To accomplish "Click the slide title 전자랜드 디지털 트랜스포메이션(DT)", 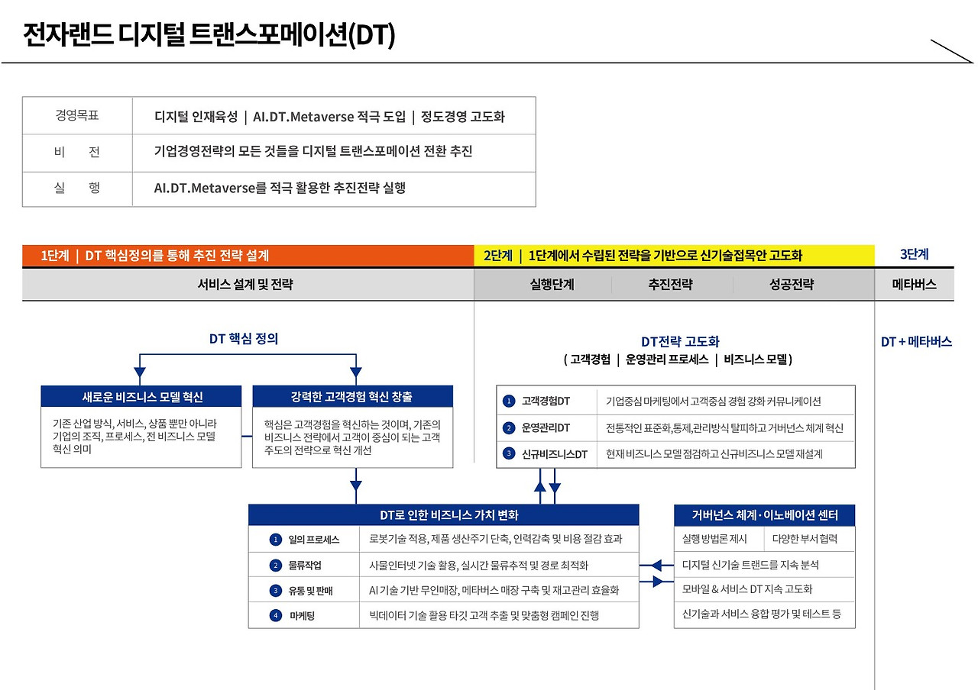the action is pos(209,35).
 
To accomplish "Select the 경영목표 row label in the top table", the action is pos(77,116).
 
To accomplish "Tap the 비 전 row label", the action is pos(77,152).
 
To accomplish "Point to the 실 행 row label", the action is pos(77,188).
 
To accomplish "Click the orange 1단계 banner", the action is pos(248,256).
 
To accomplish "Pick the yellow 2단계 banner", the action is pos(674,256).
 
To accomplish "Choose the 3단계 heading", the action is pos(914,255).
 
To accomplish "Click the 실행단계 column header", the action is pos(552,285).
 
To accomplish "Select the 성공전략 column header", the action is pos(792,285).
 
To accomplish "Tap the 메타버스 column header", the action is pos(914,285).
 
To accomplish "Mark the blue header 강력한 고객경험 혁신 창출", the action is pos(352,397).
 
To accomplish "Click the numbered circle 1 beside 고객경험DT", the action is pos(509,401).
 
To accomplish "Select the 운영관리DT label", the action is pos(546,428).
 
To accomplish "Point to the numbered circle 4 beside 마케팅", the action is pos(276,615).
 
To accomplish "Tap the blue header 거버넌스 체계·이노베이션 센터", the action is pos(764,515).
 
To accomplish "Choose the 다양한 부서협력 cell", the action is pos(805,539).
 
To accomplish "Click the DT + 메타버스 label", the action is pos(916,342).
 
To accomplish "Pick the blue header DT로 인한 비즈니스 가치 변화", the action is pos(443,515).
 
